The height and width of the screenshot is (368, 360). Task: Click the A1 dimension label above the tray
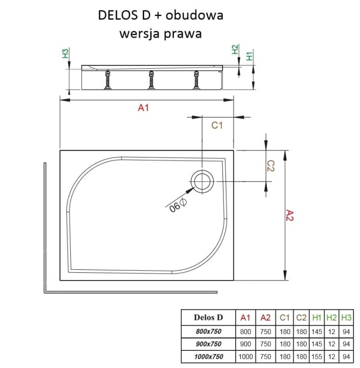pos(143,108)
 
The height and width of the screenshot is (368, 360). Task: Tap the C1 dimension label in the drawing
pos(217,125)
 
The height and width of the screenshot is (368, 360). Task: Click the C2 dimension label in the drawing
pos(270,166)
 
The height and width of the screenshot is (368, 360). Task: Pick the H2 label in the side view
pos(235,50)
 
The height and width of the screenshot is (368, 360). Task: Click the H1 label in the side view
pos(249,55)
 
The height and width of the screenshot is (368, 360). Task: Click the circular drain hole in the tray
pos(202,181)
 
